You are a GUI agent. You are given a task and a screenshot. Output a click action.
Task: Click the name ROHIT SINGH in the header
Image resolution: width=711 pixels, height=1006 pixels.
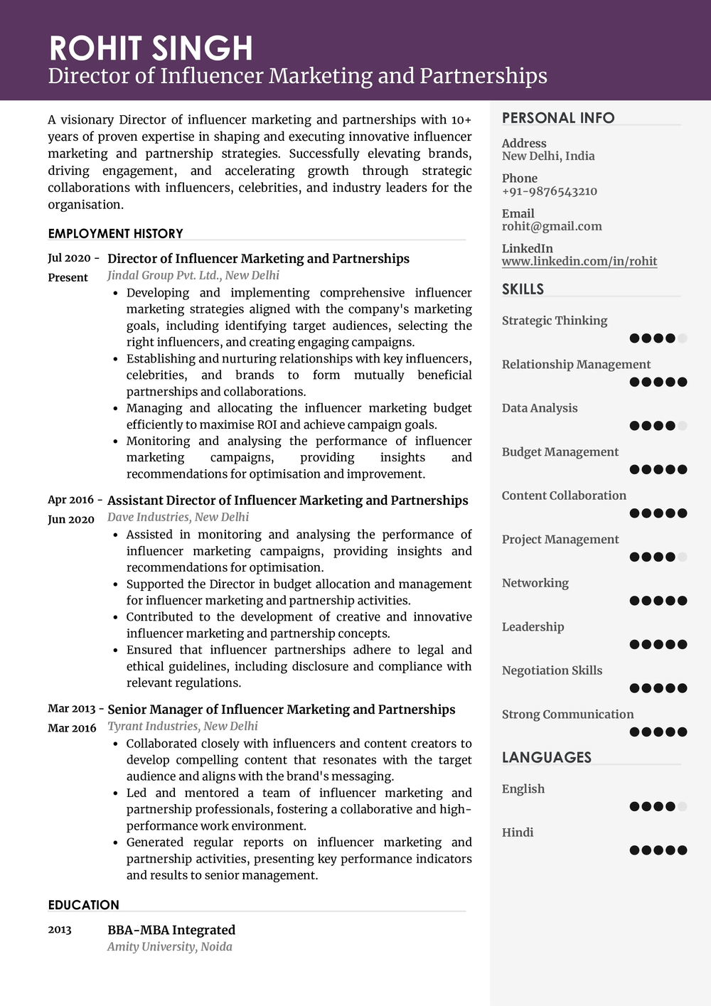[x=151, y=48]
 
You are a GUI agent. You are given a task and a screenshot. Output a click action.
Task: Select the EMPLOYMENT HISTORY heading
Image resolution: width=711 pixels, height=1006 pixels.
[x=115, y=233]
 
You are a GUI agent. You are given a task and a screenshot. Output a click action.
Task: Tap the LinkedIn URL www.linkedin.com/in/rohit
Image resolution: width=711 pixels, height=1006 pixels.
[x=579, y=261]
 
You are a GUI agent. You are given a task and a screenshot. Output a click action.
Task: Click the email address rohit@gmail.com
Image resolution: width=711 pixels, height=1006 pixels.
[x=552, y=226]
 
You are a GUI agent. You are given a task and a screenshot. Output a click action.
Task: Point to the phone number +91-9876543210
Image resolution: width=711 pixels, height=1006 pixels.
[x=549, y=191]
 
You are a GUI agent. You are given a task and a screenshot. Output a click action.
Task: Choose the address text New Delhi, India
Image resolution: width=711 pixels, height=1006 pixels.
[x=548, y=156]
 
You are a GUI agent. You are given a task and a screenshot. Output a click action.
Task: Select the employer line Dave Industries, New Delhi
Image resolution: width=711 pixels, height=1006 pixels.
[x=178, y=517]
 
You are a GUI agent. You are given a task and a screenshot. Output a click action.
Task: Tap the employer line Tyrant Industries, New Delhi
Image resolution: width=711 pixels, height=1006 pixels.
[x=182, y=726]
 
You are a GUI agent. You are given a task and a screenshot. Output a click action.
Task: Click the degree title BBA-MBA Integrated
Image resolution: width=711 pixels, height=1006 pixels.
[x=171, y=930]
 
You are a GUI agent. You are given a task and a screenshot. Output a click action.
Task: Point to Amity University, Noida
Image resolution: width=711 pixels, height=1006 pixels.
[x=169, y=946]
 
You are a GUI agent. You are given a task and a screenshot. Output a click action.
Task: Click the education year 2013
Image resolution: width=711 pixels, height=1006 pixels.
[x=60, y=930]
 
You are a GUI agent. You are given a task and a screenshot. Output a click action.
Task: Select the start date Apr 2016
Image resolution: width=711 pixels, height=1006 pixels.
[x=70, y=500]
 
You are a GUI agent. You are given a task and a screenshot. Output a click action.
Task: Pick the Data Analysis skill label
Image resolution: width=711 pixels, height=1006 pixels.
[x=539, y=408]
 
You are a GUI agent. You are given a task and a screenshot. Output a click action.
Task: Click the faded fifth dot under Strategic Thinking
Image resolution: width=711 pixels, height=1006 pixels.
[x=682, y=338]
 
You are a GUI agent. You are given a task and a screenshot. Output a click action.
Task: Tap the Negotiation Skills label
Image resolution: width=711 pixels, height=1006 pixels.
[x=552, y=670]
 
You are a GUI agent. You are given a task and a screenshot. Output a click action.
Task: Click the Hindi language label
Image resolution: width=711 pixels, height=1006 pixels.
[x=517, y=833]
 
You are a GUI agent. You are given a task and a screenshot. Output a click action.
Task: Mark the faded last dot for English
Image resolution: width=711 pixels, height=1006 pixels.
[x=682, y=806]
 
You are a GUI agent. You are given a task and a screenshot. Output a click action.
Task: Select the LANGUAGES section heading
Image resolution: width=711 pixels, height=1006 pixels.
[x=546, y=757]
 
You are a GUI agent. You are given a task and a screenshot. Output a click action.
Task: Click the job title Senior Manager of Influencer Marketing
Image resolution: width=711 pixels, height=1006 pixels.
[x=281, y=710]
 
